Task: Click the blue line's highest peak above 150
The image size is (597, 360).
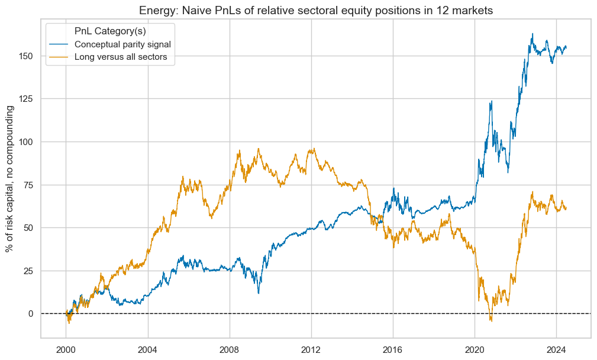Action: pos(533,34)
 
